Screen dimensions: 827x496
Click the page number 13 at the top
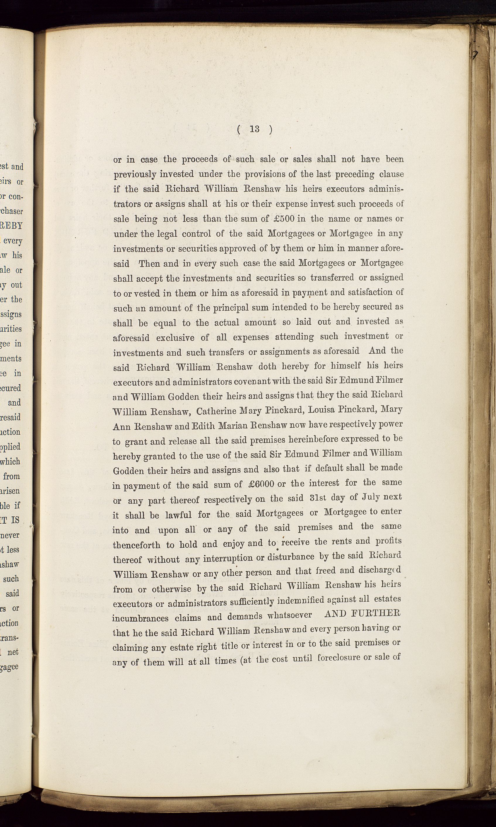click(255, 129)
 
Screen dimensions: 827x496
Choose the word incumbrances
click(140, 617)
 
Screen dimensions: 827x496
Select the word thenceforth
click(136, 545)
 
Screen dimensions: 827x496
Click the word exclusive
click(175, 338)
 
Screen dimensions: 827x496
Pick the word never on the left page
click(10, 535)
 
